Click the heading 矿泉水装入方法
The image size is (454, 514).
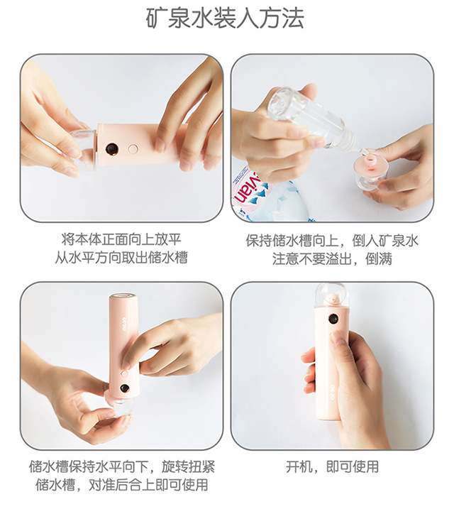pyautogui.click(x=225, y=19)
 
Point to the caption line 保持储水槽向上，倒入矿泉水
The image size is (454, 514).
pyautogui.click(x=332, y=240)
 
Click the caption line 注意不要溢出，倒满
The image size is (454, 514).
pyautogui.click(x=332, y=259)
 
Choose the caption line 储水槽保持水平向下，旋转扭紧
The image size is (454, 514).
pyautogui.click(x=121, y=467)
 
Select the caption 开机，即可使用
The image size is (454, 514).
pyautogui.click(x=332, y=467)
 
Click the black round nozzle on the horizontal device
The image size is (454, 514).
pyautogui.click(x=111, y=149)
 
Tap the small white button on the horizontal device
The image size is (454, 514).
pyautogui.click(x=133, y=149)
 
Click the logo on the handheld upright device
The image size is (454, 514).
pyautogui.click(x=332, y=389)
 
